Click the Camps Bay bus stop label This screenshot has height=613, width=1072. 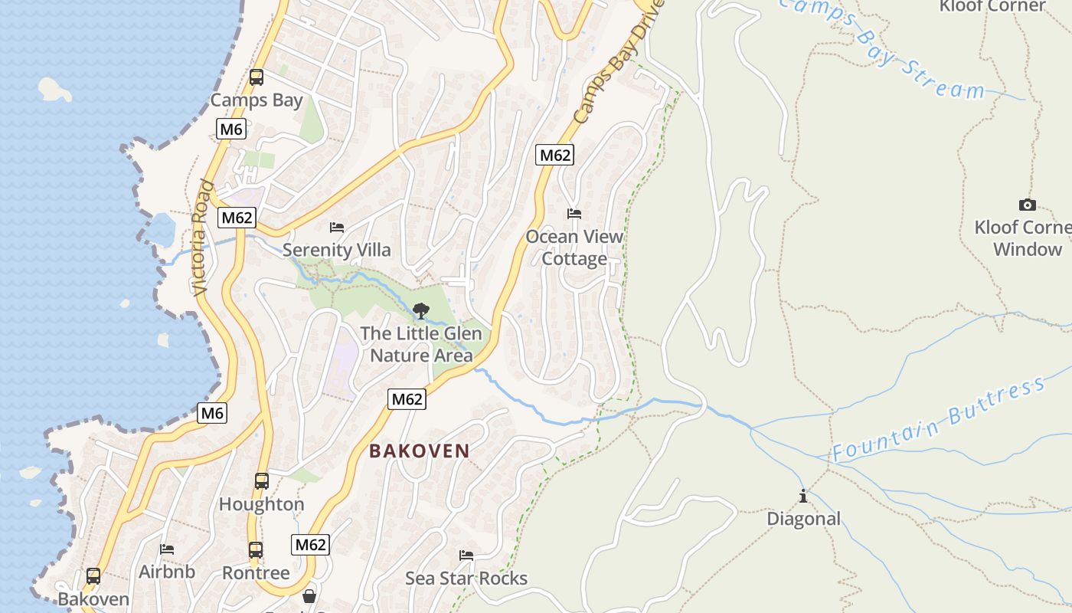tap(257, 100)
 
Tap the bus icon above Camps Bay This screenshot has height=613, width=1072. tap(257, 77)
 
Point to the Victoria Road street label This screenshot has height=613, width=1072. tap(201, 238)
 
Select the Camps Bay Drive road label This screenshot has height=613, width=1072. tap(616, 63)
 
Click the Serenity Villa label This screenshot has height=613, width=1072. tap(336, 250)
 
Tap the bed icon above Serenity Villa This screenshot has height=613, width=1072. tap(336, 228)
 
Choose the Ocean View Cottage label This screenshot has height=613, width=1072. tap(574, 247)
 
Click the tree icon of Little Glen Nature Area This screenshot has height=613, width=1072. tap(420, 311)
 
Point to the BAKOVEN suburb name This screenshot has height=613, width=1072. tap(419, 451)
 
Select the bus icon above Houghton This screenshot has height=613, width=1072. tap(262, 481)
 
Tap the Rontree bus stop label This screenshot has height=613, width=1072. tap(256, 572)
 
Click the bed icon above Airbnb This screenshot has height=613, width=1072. tap(167, 549)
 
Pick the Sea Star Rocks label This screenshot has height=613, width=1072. tap(466, 578)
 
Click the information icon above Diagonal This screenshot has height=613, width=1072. tap(803, 497)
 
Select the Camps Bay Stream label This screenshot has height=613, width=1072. tap(881, 50)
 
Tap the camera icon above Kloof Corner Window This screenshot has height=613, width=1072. tap(1028, 205)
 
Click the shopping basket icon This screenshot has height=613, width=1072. tap(309, 596)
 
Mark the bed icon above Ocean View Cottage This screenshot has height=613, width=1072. tap(574, 214)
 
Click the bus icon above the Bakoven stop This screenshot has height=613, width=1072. tap(93, 576)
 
